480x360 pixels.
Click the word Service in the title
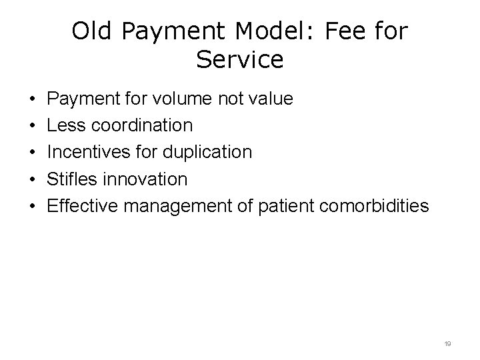(x=240, y=60)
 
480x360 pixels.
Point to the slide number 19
(x=447, y=343)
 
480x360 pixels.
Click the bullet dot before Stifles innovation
(x=33, y=179)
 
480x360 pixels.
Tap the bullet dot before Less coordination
(x=33, y=126)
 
